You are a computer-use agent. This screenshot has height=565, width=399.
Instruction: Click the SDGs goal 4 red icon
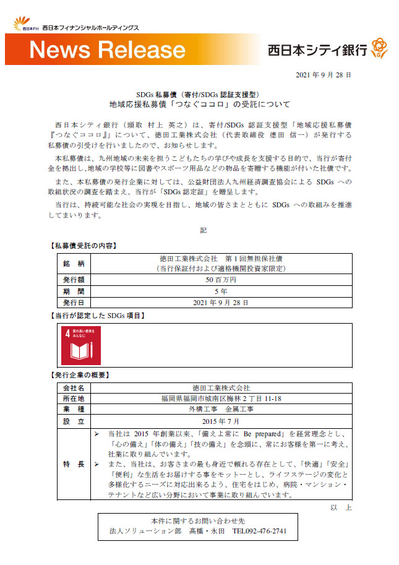pos(80,345)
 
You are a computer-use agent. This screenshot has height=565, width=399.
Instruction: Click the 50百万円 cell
pos(220,280)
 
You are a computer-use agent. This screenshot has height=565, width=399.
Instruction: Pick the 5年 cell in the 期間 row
pos(220,291)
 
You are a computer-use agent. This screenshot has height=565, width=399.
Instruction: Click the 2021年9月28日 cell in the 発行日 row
pos(220,303)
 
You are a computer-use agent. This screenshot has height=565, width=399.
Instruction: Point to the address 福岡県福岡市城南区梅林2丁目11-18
pos(220,399)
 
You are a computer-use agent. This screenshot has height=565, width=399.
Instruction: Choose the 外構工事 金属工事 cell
pos(220,410)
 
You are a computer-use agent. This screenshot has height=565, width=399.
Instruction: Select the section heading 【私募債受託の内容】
pos(83,246)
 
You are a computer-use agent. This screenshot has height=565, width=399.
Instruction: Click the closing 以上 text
pos(341,507)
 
